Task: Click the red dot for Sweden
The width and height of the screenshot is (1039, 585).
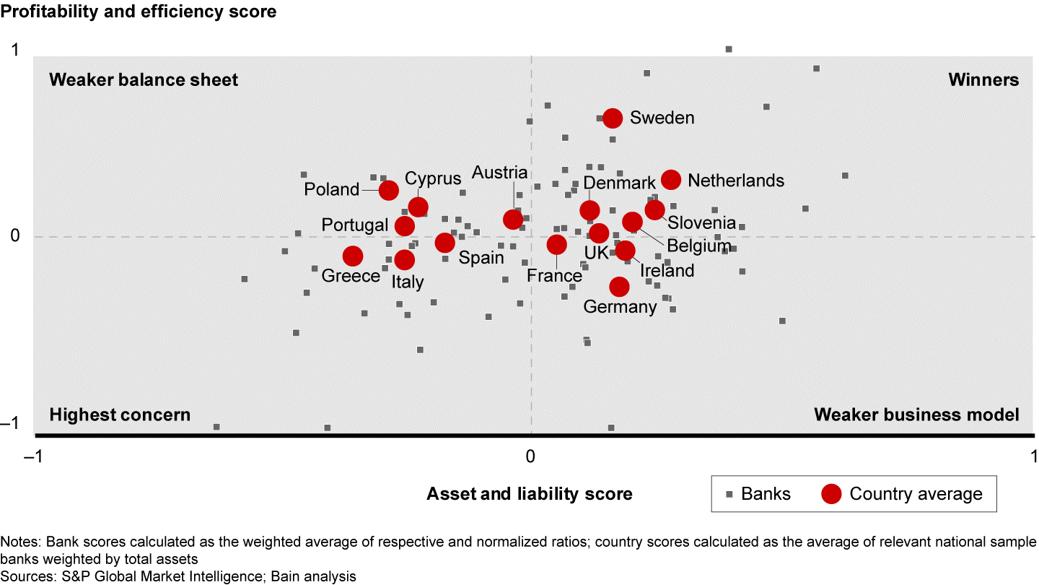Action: click(x=613, y=118)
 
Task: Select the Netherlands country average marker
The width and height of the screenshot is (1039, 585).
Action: click(x=671, y=180)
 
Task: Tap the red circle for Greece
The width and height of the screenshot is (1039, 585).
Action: click(x=352, y=256)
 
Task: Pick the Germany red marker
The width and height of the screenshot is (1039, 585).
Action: click(x=619, y=287)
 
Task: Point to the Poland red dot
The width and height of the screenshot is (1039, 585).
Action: click(x=388, y=190)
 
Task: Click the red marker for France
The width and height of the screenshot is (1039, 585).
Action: click(x=556, y=245)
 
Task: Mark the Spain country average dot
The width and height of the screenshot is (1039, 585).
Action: click(x=445, y=243)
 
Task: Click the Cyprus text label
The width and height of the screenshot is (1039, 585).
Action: click(x=433, y=178)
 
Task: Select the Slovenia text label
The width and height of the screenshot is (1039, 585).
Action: click(x=701, y=223)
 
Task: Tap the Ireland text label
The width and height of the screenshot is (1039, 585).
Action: click(x=667, y=271)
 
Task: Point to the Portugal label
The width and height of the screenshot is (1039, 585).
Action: click(x=355, y=225)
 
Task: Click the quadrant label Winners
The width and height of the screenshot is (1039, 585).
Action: click(x=983, y=79)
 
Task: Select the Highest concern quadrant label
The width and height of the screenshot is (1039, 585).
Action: click(x=120, y=415)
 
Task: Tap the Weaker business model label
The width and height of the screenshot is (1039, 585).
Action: click(x=916, y=415)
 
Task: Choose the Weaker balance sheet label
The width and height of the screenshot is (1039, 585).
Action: click(x=144, y=79)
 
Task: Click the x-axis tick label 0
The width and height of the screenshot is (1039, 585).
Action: click(x=530, y=456)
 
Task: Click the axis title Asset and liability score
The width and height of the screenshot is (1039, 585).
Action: click(x=530, y=494)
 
